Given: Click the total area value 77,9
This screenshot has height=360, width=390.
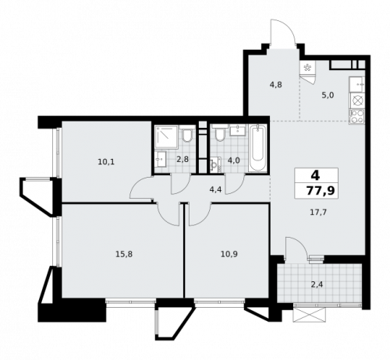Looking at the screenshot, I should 315,189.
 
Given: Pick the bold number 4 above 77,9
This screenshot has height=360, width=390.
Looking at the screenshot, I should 314,175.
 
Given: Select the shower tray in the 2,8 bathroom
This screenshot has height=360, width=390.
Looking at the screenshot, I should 165,137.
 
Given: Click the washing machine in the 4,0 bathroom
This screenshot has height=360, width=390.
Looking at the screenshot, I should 215,165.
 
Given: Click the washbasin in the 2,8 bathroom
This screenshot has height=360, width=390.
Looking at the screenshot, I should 159,159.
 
